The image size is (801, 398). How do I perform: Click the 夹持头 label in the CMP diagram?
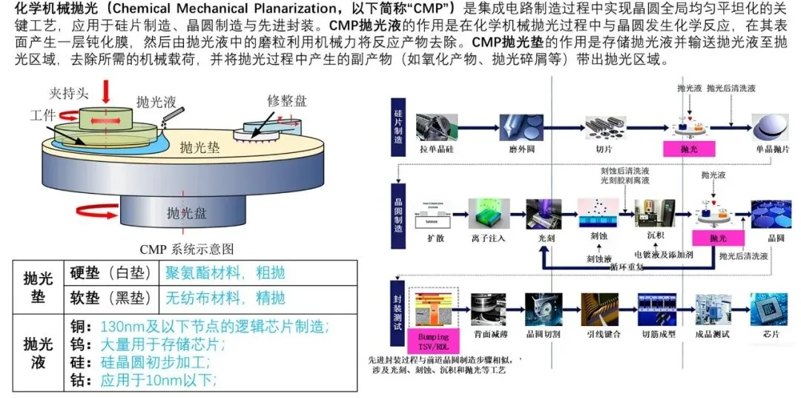[70, 94]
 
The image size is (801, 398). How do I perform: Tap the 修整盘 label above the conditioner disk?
[286, 101]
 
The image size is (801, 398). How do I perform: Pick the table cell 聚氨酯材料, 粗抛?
[225, 273]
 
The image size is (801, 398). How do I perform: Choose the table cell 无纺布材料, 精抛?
[225, 298]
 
